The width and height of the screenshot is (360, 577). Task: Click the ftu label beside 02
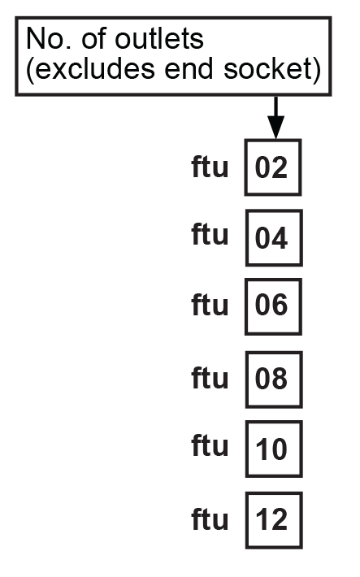tap(210, 167)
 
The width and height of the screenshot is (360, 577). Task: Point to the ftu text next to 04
tap(210, 234)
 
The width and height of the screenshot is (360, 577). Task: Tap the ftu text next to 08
tap(210, 377)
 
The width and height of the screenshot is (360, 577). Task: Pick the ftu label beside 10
tap(210, 445)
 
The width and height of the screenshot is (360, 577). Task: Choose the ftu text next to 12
tap(210, 518)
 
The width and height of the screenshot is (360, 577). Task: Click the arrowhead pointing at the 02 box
tap(275, 128)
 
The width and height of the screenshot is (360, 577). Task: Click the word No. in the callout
tap(49, 39)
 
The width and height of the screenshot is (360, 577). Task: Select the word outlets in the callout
tap(159, 39)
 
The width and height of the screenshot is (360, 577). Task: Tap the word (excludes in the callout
tap(90, 69)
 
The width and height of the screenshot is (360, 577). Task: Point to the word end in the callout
tap(189, 69)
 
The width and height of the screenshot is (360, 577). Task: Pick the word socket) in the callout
tap(272, 69)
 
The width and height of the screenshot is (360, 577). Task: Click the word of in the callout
tap(93, 39)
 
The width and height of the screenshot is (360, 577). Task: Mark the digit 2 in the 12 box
tap(280, 519)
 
